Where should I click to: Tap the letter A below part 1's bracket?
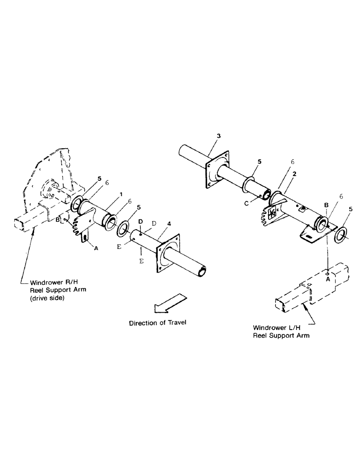[x=96, y=249]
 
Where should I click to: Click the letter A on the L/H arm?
[x=328, y=279]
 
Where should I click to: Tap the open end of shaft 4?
[x=204, y=270]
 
